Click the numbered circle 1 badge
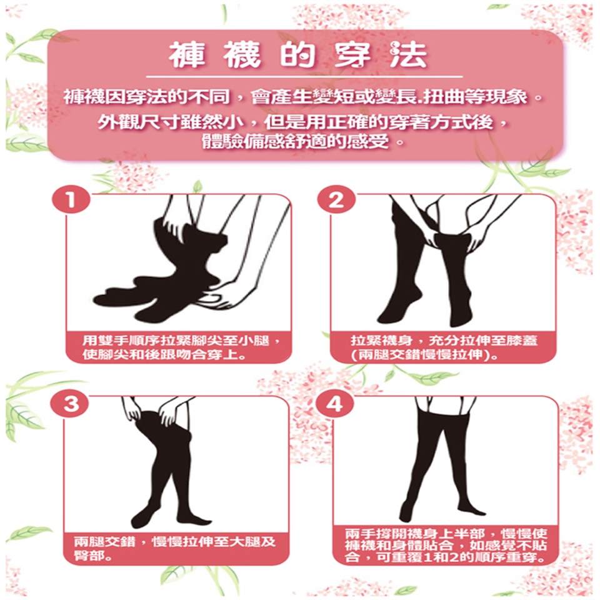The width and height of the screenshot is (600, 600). click(71, 200)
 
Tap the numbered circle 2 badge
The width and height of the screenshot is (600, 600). click(336, 200)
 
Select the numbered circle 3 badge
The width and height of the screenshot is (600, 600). click(71, 403)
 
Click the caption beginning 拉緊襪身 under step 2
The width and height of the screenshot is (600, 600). click(444, 347)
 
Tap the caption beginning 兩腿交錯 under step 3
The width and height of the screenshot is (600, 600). click(174, 548)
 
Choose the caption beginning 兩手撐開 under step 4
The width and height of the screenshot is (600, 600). click(446, 545)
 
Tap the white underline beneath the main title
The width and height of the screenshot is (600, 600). click(304, 77)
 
